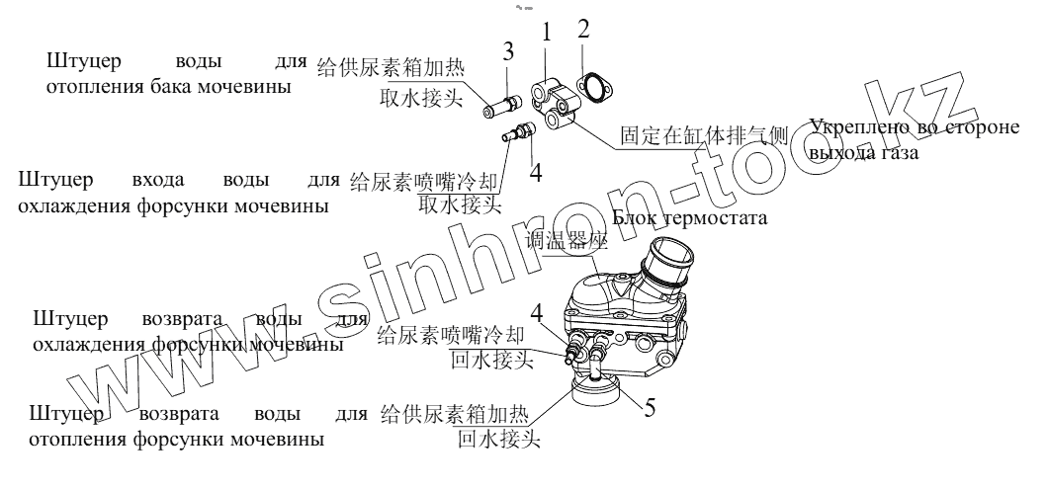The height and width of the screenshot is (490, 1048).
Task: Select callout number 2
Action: click(x=583, y=28)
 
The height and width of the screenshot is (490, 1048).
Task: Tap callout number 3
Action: click(x=507, y=50)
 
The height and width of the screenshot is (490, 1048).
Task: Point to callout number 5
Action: click(x=648, y=405)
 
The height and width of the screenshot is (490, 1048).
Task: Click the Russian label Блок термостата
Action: click(x=689, y=217)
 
